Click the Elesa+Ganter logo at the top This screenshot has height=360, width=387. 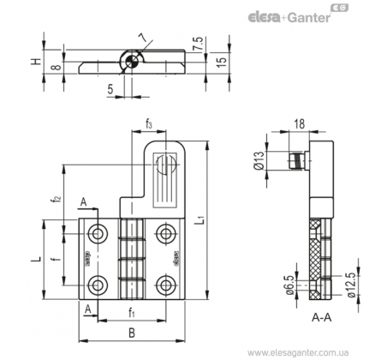coord(298,15)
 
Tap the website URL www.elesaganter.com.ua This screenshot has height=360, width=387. coord(298,352)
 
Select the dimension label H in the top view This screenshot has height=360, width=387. coord(36,62)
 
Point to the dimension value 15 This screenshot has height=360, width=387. coord(222,61)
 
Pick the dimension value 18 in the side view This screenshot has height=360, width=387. coord(299,124)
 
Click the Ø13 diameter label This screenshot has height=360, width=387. coord(259,160)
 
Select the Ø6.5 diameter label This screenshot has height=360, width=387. coord(289,285)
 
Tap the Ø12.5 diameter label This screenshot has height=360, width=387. coord(352,285)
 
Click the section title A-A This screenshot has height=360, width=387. coord(322,317)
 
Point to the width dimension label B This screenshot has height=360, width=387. coord(132,333)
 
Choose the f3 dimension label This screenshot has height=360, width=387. coord(149,124)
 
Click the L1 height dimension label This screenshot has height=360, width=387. coord(199,219)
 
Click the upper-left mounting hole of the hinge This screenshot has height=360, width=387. coord(98,234)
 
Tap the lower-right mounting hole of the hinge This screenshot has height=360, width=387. coord(165,285)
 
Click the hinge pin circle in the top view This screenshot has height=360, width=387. coord(131,61)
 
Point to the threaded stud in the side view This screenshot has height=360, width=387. coord(296,161)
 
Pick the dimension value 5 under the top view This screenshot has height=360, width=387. coord(110,89)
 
